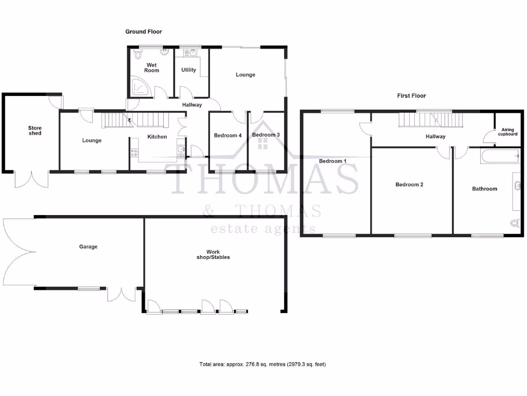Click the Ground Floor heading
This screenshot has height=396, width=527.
144,32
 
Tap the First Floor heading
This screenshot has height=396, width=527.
411,96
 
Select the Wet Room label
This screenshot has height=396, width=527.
152,68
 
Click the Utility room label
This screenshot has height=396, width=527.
188,70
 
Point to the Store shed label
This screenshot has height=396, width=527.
35,130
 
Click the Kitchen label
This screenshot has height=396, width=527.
157,137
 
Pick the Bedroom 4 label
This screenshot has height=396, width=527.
227,136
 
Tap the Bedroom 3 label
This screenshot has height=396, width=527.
266,135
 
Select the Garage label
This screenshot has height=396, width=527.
88,247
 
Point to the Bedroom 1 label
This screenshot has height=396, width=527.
332,161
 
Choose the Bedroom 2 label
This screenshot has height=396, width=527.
409,185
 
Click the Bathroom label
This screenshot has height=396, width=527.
485,189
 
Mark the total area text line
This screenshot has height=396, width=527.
262,365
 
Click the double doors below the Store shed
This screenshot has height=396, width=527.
31,178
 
